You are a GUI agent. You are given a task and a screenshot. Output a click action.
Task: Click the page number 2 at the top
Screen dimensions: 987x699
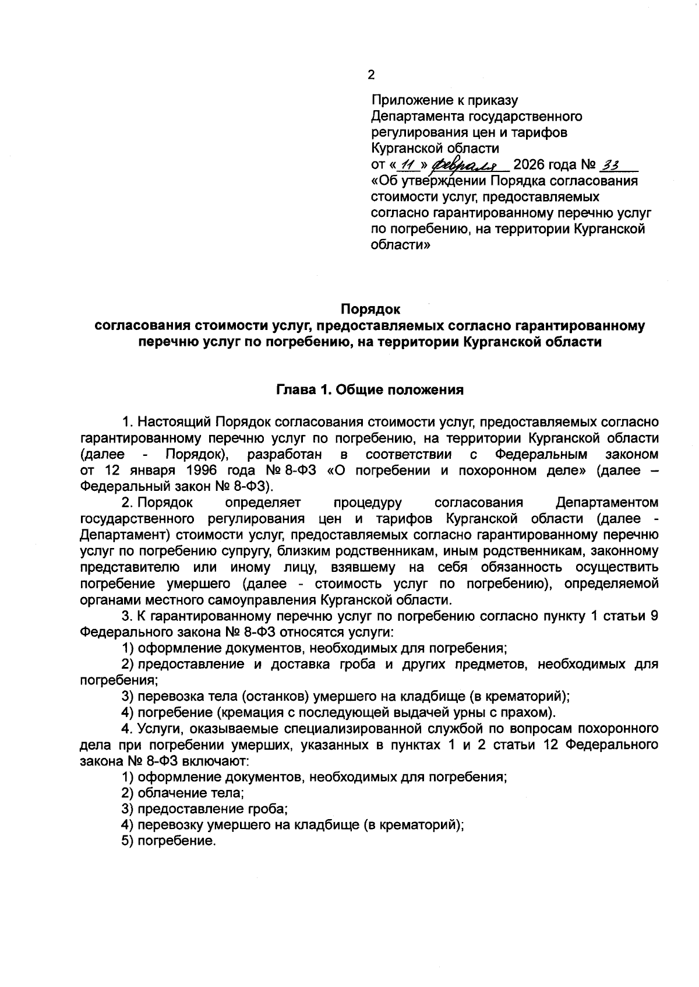tap(372, 75)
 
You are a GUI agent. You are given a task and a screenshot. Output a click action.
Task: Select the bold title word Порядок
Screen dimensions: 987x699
tap(371, 309)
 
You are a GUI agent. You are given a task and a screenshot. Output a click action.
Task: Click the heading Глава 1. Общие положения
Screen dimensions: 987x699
tap(370, 390)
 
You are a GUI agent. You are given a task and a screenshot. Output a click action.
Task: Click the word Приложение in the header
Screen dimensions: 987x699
tap(408, 100)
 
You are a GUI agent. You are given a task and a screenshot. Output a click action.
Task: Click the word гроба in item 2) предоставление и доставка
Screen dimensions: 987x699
tap(361, 664)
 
